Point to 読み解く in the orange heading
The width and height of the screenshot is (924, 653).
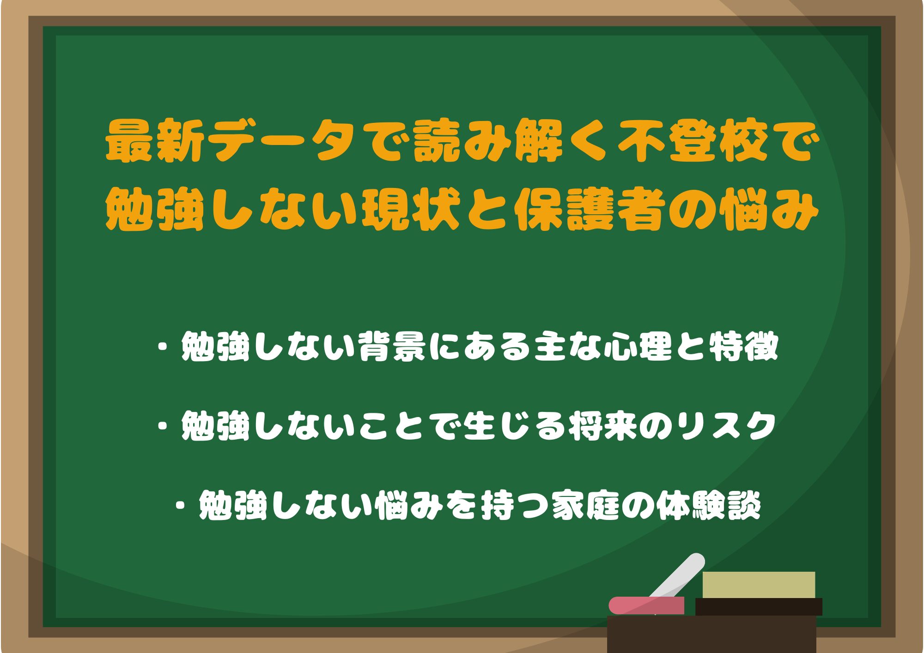514,140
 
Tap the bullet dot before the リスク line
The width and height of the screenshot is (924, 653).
163,425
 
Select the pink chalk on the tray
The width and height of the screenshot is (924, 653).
646,605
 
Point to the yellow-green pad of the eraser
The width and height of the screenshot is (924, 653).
759,585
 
